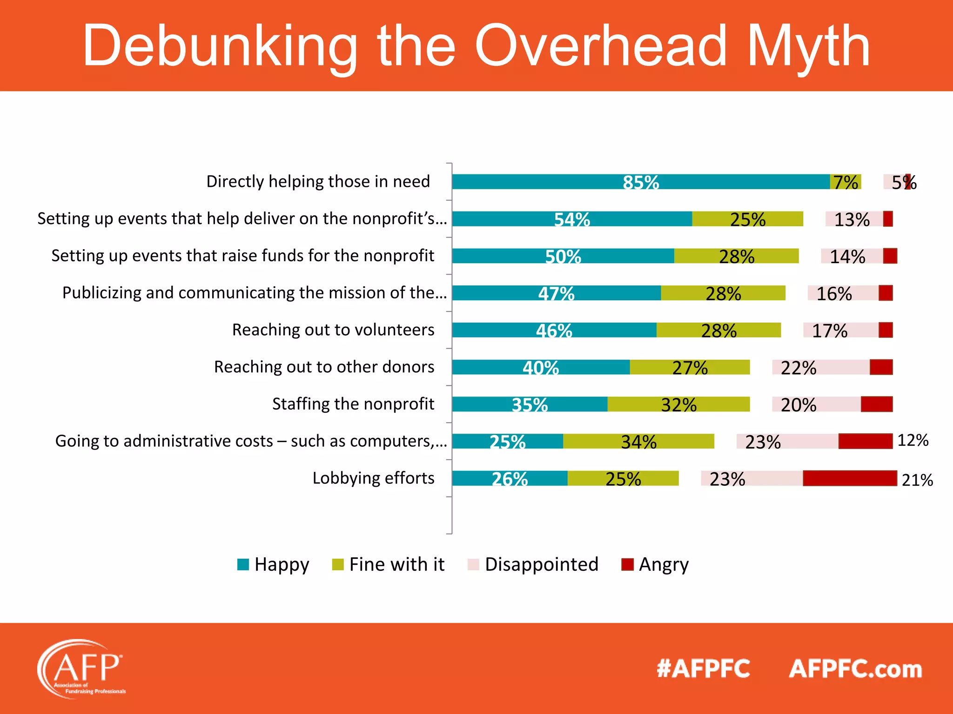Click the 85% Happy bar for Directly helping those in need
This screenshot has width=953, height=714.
[x=640, y=182]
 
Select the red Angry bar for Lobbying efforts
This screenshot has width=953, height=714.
[x=850, y=478]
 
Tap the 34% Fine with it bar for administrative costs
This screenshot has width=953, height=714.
[x=638, y=441]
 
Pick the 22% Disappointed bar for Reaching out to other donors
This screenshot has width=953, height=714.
[x=820, y=367]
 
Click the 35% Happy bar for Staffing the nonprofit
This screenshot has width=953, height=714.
[x=530, y=404]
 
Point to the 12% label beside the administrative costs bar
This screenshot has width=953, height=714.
[x=913, y=440]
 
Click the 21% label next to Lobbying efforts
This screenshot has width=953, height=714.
[x=917, y=480]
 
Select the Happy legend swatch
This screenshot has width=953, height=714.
[x=243, y=564]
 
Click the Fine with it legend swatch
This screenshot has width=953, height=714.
[x=337, y=564]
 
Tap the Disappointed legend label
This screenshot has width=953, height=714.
[x=541, y=564]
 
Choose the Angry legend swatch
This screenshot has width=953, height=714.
[x=627, y=564]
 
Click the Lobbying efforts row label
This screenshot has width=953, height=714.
[x=373, y=478]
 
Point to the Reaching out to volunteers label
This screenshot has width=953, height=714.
[x=333, y=330]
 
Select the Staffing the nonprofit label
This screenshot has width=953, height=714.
[x=353, y=404]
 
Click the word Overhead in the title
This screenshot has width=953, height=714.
[x=600, y=46]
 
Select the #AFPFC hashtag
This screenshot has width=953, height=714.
[x=703, y=669]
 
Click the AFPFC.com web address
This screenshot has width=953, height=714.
[x=855, y=669]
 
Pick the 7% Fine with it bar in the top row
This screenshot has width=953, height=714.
[x=846, y=182]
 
